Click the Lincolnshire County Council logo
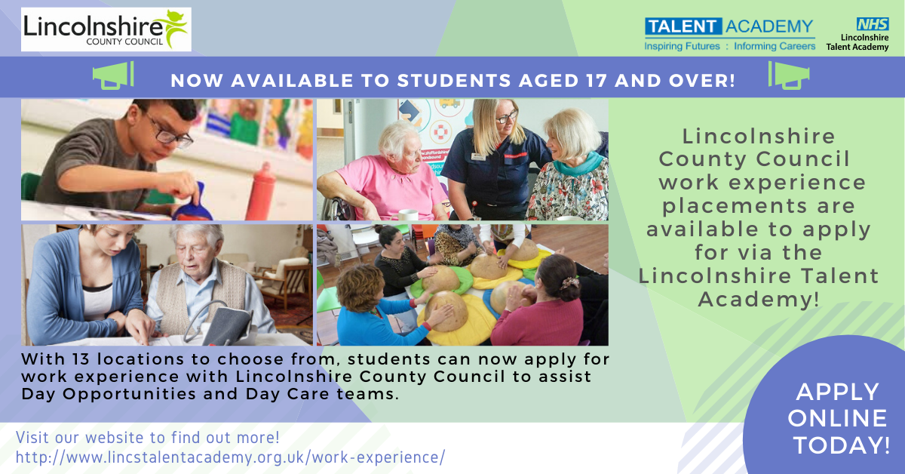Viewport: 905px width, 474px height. pyautogui.click(x=106, y=29)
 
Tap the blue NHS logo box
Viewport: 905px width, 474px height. pyautogui.click(x=873, y=24)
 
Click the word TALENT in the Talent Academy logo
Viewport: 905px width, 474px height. pyautogui.click(x=683, y=26)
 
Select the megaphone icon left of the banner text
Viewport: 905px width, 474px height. pyautogui.click(x=113, y=75)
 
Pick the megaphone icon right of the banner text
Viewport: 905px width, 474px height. pyautogui.click(x=789, y=75)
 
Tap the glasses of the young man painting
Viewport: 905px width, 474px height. pyautogui.click(x=168, y=132)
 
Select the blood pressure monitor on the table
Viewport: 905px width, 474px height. pyautogui.click(x=226, y=324)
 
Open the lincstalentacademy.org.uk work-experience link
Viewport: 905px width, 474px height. pyautogui.click(x=230, y=457)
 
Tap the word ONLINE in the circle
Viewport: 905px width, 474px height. pyautogui.click(x=837, y=418)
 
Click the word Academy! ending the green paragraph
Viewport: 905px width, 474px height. pyautogui.click(x=759, y=300)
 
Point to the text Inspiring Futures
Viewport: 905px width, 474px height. pyautogui.click(x=682, y=46)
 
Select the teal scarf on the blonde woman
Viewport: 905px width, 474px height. pyautogui.click(x=578, y=164)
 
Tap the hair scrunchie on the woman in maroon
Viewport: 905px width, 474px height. pyautogui.click(x=569, y=283)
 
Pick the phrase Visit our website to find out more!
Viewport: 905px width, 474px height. pyautogui.click(x=148, y=438)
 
